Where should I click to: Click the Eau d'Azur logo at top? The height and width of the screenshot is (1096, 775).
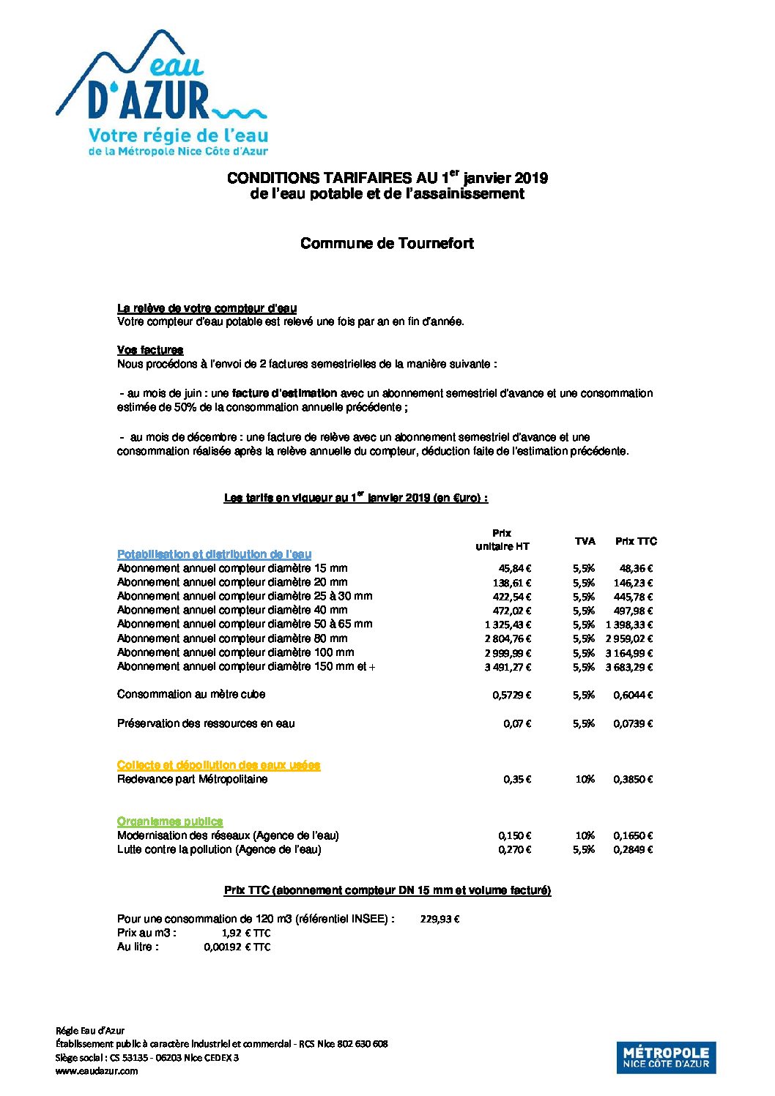tap(163, 93)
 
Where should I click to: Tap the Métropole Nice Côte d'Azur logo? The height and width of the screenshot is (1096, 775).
tap(666, 1057)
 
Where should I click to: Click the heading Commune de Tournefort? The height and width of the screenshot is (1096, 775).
tap(387, 244)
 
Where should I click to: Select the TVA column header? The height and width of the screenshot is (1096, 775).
tap(585, 541)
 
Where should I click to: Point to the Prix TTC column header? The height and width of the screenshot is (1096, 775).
tap(636, 541)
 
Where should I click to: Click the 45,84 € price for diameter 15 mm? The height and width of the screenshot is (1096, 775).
tap(515, 568)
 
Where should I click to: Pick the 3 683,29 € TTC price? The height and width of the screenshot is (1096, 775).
tap(628, 667)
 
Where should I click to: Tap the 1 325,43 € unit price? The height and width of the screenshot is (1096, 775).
tap(508, 625)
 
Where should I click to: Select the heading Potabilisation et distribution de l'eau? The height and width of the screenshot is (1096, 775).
tap(214, 554)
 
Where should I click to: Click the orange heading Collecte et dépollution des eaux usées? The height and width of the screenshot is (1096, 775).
tap(218, 765)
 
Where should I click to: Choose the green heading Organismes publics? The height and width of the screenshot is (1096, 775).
tap(170, 821)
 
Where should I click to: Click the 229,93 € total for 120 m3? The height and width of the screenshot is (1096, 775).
tap(440, 919)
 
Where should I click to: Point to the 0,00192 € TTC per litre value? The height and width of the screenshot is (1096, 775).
tap(237, 947)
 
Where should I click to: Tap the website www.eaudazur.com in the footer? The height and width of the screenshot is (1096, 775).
tap(97, 1070)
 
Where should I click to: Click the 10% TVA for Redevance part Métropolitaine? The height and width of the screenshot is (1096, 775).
tap(585, 779)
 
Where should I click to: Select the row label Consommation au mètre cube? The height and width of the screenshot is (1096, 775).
tap(191, 694)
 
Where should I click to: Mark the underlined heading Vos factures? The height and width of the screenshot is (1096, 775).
tap(150, 350)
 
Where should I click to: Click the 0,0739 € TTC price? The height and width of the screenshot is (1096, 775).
tap(633, 723)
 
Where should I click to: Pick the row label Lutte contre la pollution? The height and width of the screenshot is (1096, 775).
tap(219, 849)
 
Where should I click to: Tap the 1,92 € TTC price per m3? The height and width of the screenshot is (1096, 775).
tap(246, 933)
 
